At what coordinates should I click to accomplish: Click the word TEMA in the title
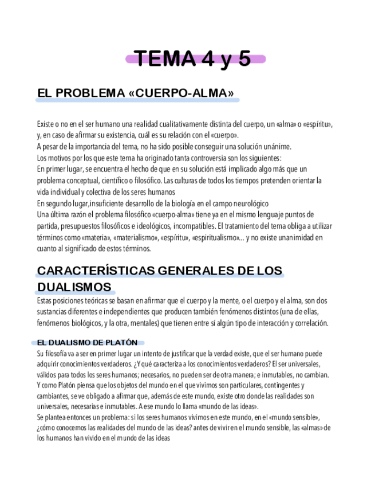(x=163, y=58)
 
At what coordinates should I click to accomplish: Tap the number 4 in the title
(x=206, y=58)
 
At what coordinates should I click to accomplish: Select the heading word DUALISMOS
(x=74, y=287)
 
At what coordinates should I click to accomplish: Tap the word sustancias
(x=52, y=312)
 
